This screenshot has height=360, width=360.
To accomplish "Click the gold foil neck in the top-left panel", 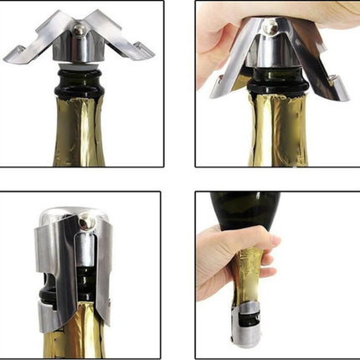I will pos(80,134).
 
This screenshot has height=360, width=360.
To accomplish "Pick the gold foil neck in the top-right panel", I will pos(272,134).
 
